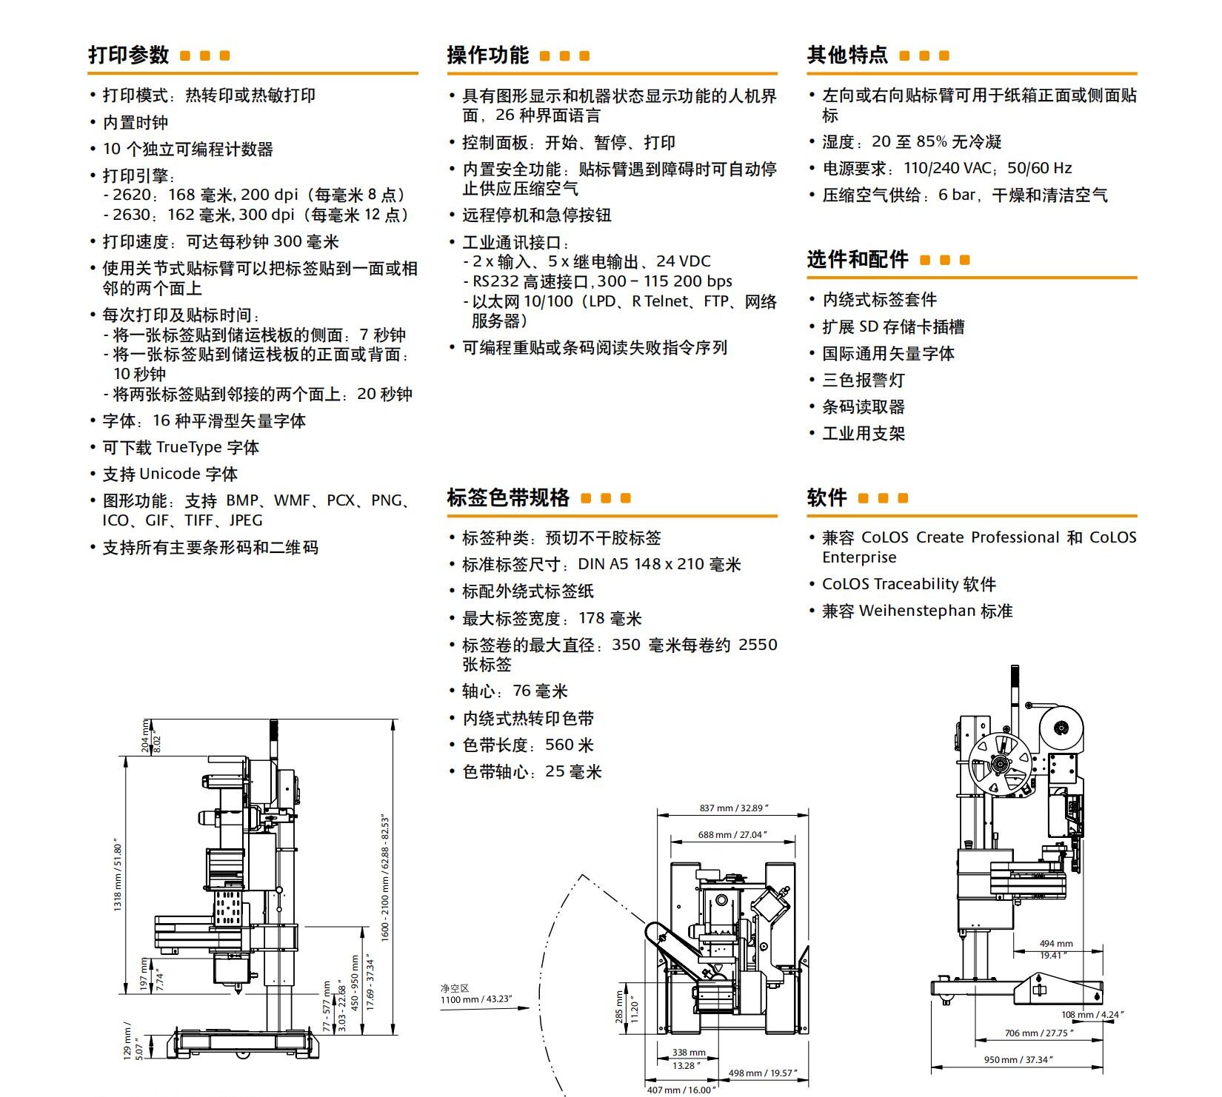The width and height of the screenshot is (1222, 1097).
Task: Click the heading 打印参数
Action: tap(129, 55)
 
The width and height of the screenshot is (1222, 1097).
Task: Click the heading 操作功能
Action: tap(487, 56)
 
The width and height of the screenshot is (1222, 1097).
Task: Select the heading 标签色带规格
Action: tap(508, 497)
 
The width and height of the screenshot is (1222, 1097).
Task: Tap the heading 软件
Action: tap(827, 497)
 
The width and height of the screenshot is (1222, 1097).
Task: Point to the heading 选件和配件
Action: tap(858, 259)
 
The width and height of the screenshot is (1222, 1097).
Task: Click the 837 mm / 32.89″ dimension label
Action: tap(734, 808)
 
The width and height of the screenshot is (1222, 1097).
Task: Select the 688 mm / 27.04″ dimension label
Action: tap(732, 835)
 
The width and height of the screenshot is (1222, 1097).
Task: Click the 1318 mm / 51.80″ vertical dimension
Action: tap(118, 875)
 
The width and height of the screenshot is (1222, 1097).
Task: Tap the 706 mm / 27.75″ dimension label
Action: tap(1038, 1033)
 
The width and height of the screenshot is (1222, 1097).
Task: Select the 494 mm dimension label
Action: tap(1055, 944)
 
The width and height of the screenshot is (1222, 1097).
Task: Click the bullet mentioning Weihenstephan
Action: tap(917, 611)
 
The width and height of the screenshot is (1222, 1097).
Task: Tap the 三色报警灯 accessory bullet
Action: tap(863, 380)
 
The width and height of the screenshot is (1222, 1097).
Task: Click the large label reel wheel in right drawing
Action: tap(1000, 762)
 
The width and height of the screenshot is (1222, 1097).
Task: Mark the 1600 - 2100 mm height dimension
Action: tap(385, 878)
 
